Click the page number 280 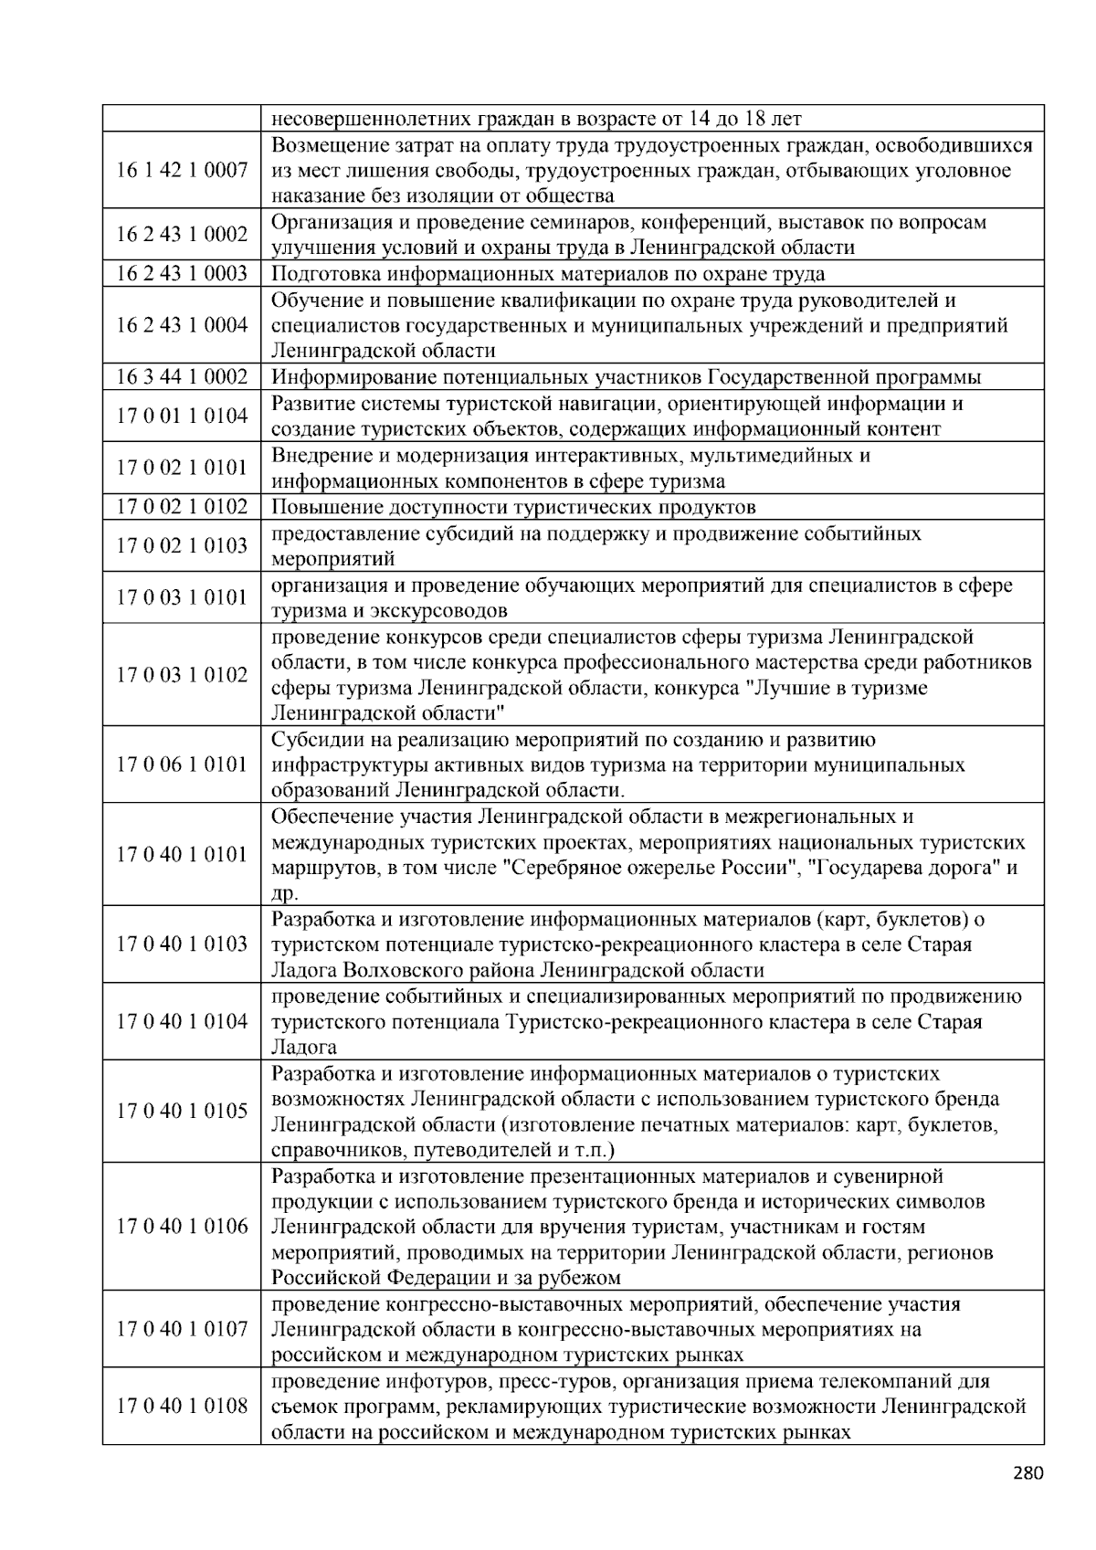point(1027,1472)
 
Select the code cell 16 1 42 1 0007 point(182,171)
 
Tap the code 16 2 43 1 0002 point(182,235)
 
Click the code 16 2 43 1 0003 point(182,274)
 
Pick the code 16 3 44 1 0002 point(182,377)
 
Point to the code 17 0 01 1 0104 point(182,416)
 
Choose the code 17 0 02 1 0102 point(182,507)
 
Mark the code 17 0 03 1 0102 point(182,675)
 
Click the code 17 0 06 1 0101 point(182,764)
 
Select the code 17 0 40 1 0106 point(182,1227)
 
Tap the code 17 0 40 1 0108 point(182,1406)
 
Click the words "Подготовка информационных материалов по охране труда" point(548,274)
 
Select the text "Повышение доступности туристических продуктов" point(513,507)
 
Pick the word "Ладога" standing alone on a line point(304,1048)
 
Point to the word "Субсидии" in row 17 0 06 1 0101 point(316,740)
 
